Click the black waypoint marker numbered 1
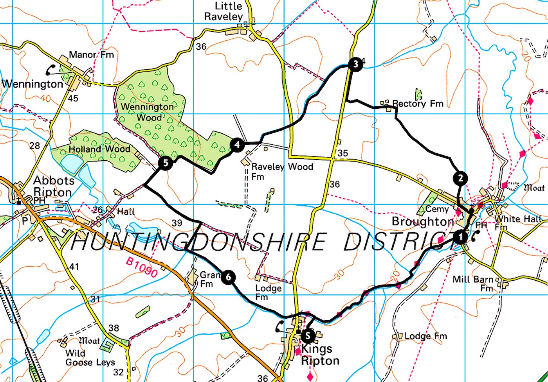(x=461, y=237)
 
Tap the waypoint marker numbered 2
(x=460, y=178)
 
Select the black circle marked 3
(x=354, y=64)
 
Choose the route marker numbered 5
(x=165, y=163)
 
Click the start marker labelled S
(x=308, y=335)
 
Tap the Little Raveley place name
(x=229, y=11)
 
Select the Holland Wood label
(x=99, y=149)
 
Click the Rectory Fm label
(x=418, y=104)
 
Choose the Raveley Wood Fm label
(x=281, y=171)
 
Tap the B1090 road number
(x=141, y=267)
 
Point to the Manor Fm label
(x=91, y=54)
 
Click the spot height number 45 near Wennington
(x=73, y=98)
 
